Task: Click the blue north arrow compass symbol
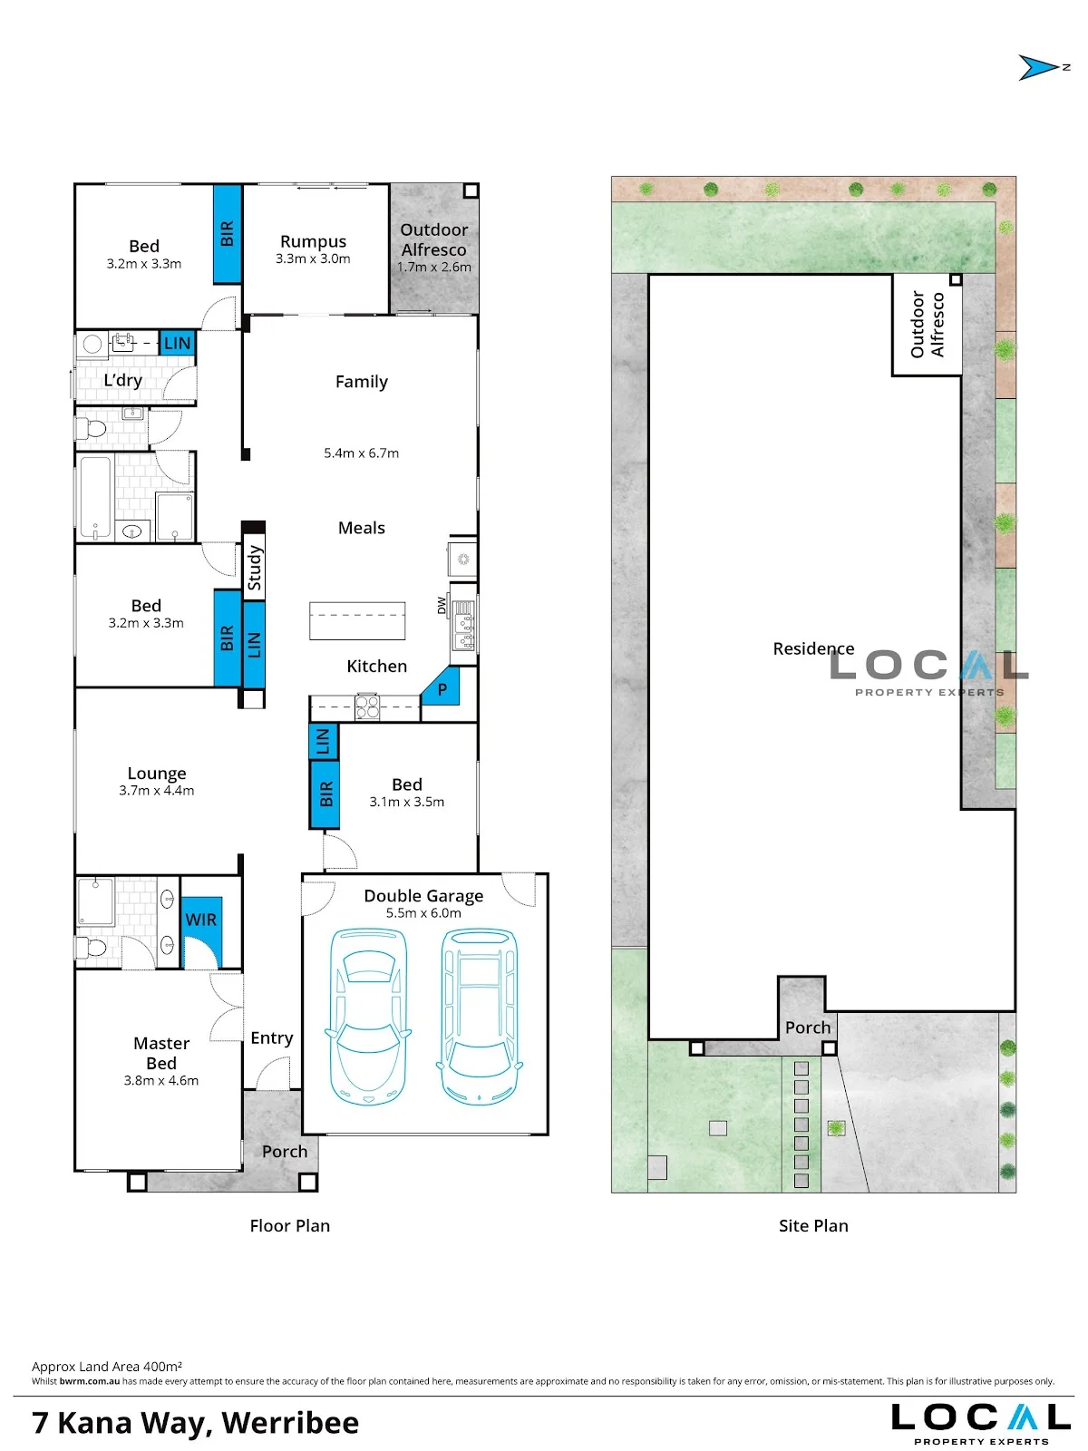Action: pos(1037,67)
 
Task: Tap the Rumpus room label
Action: pos(313,241)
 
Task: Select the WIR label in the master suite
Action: pos(200,920)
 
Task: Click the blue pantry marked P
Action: pos(442,689)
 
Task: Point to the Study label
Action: pos(255,567)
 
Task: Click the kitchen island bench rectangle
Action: pos(357,620)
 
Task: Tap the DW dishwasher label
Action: pos(442,606)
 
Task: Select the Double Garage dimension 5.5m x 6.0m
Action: pos(423,913)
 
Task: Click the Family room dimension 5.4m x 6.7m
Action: pos(362,453)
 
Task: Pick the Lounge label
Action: pos(157,774)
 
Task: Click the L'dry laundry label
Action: pos(123,380)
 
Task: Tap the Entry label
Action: pos(271,1037)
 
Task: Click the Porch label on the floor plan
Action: pos(285,1152)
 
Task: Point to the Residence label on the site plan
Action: pos(813,648)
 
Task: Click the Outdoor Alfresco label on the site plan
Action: pos(927,324)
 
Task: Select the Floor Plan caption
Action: pos(289,1225)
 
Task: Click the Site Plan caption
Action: pos(813,1225)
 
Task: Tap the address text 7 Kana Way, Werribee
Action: pos(196,1423)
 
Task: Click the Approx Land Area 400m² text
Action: pos(107,1367)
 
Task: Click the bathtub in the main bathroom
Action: pos(96,497)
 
